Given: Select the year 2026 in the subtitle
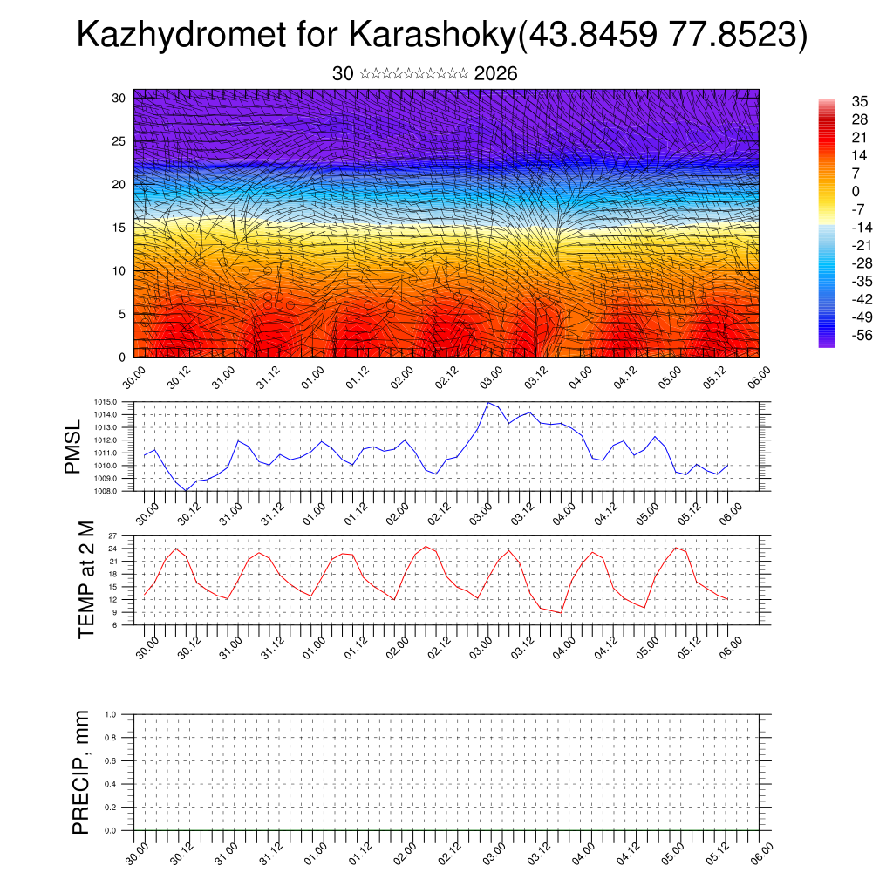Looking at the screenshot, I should pos(495,74).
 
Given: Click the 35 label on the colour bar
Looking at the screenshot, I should pos(860,102).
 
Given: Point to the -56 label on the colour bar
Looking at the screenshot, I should pos(860,335).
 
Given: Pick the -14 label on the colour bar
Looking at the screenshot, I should pos(860,228).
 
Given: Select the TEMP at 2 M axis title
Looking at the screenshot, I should pos(85,579).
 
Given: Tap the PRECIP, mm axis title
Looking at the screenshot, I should pos(80,772).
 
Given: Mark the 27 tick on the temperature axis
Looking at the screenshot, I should pos(124,535).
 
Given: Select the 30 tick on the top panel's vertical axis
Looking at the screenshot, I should pos(119,98).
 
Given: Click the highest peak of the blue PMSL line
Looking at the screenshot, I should pos(488,403).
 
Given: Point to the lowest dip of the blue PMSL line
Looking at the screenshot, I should pos(186,491).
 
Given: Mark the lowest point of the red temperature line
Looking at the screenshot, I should pos(562,613).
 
